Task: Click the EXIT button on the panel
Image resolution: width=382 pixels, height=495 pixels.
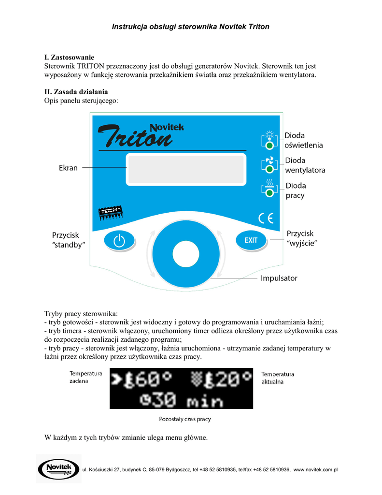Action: pyautogui.click(x=251, y=240)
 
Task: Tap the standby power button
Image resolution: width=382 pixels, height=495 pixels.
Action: pyautogui.click(x=119, y=241)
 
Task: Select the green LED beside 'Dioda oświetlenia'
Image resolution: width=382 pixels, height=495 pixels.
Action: pyautogui.click(x=270, y=144)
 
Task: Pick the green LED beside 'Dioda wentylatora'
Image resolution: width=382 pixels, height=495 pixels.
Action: pyautogui.click(x=270, y=169)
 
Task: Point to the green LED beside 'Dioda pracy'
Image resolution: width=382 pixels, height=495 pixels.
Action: pyautogui.click(x=270, y=194)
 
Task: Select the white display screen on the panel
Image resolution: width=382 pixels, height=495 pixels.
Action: pyautogui.click(x=186, y=169)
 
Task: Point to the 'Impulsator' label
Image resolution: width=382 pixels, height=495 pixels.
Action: pyautogui.click(x=279, y=278)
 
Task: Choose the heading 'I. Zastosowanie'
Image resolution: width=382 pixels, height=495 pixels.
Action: pyautogui.click(x=69, y=58)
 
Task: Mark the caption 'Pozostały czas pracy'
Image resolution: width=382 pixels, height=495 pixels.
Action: pyautogui.click(x=185, y=420)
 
